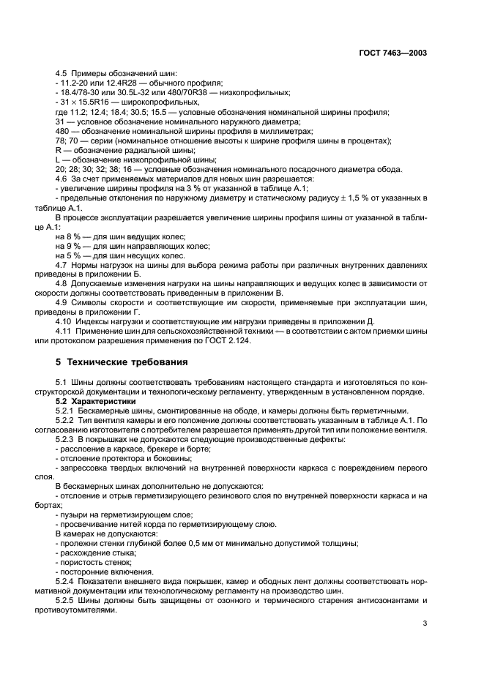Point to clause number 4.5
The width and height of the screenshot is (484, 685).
(62, 74)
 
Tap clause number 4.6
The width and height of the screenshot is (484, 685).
(62, 179)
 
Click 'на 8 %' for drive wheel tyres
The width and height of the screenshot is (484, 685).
(70, 236)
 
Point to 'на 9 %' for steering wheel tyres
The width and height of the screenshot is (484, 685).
(70, 246)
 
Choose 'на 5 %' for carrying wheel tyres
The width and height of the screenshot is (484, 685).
(70, 255)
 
